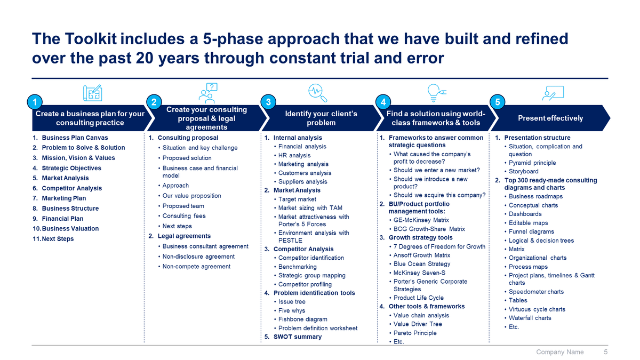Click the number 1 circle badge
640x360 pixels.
point(34,102)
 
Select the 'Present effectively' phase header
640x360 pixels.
point(550,118)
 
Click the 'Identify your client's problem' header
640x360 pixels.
point(321,118)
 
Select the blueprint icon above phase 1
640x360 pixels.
point(92,93)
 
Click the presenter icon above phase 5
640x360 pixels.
point(553,93)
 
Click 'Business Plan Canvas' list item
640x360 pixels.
point(75,138)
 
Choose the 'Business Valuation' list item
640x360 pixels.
point(70,228)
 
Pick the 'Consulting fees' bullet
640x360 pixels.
point(184,216)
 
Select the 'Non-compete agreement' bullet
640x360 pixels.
point(196,267)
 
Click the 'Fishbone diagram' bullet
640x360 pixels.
point(303,319)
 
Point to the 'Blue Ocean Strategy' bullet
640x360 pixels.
point(421,264)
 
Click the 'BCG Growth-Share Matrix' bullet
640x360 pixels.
point(429,229)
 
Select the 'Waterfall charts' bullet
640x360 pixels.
point(530,318)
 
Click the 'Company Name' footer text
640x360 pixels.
point(559,352)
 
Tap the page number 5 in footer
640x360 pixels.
point(605,352)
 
